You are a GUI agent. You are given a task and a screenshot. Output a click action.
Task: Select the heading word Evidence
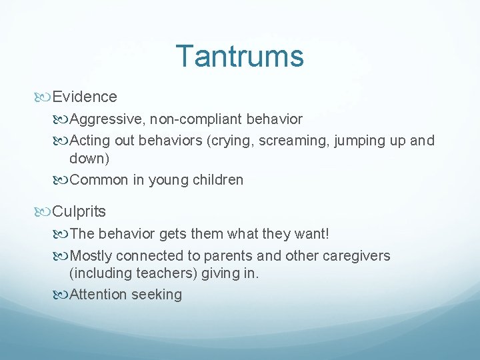(x=85, y=97)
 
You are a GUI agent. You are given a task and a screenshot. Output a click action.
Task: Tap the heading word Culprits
(x=79, y=213)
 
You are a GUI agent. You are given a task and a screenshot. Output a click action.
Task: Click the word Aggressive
(x=107, y=120)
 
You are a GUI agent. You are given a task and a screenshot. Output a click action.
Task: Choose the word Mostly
(x=91, y=256)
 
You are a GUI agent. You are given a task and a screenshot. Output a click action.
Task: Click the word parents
(x=232, y=256)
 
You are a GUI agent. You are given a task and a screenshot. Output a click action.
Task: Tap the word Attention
(x=99, y=295)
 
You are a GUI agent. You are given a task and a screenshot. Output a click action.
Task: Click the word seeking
(x=157, y=295)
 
